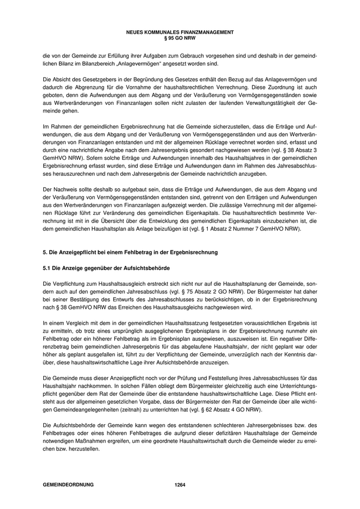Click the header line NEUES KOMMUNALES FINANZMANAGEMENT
point(179,32)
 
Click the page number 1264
point(179,485)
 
